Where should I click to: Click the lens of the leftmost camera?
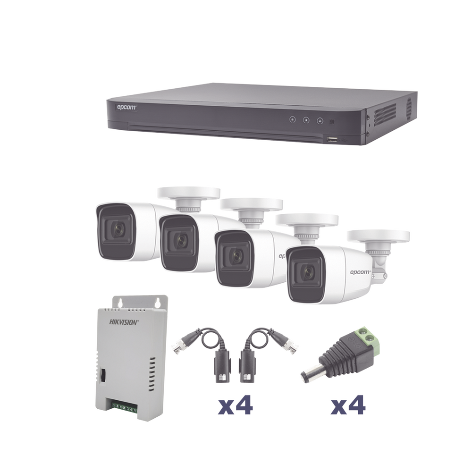click(118, 230)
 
